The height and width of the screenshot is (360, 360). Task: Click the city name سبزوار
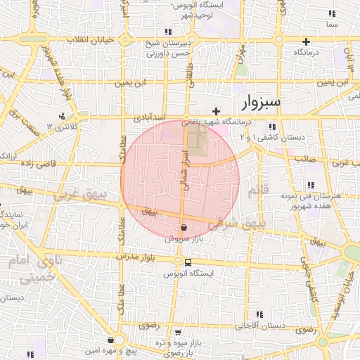click(x=261, y=102)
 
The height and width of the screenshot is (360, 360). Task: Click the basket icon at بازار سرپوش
click(x=184, y=227)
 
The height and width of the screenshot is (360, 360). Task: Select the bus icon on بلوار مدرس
click(x=187, y=262)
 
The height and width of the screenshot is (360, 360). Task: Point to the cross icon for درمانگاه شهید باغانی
click(x=217, y=111)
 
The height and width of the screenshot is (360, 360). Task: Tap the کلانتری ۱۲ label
click(x=60, y=127)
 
